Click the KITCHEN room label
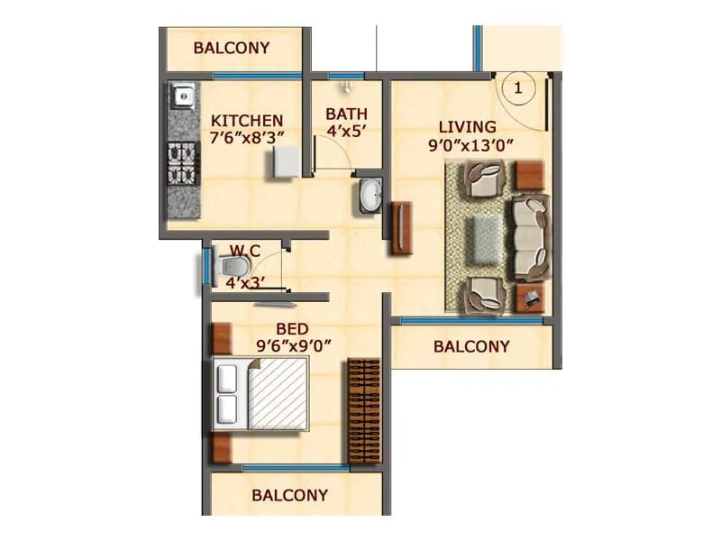(247, 120)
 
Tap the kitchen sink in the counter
(183, 94)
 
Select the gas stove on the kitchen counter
(183, 162)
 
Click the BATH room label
(346, 115)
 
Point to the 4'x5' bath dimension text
(346, 132)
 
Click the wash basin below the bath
(370, 195)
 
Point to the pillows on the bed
(228, 395)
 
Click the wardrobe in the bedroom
(365, 410)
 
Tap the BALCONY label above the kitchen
(232, 48)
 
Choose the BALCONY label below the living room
(471, 346)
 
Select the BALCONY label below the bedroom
(289, 495)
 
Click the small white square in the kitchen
(286, 163)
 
